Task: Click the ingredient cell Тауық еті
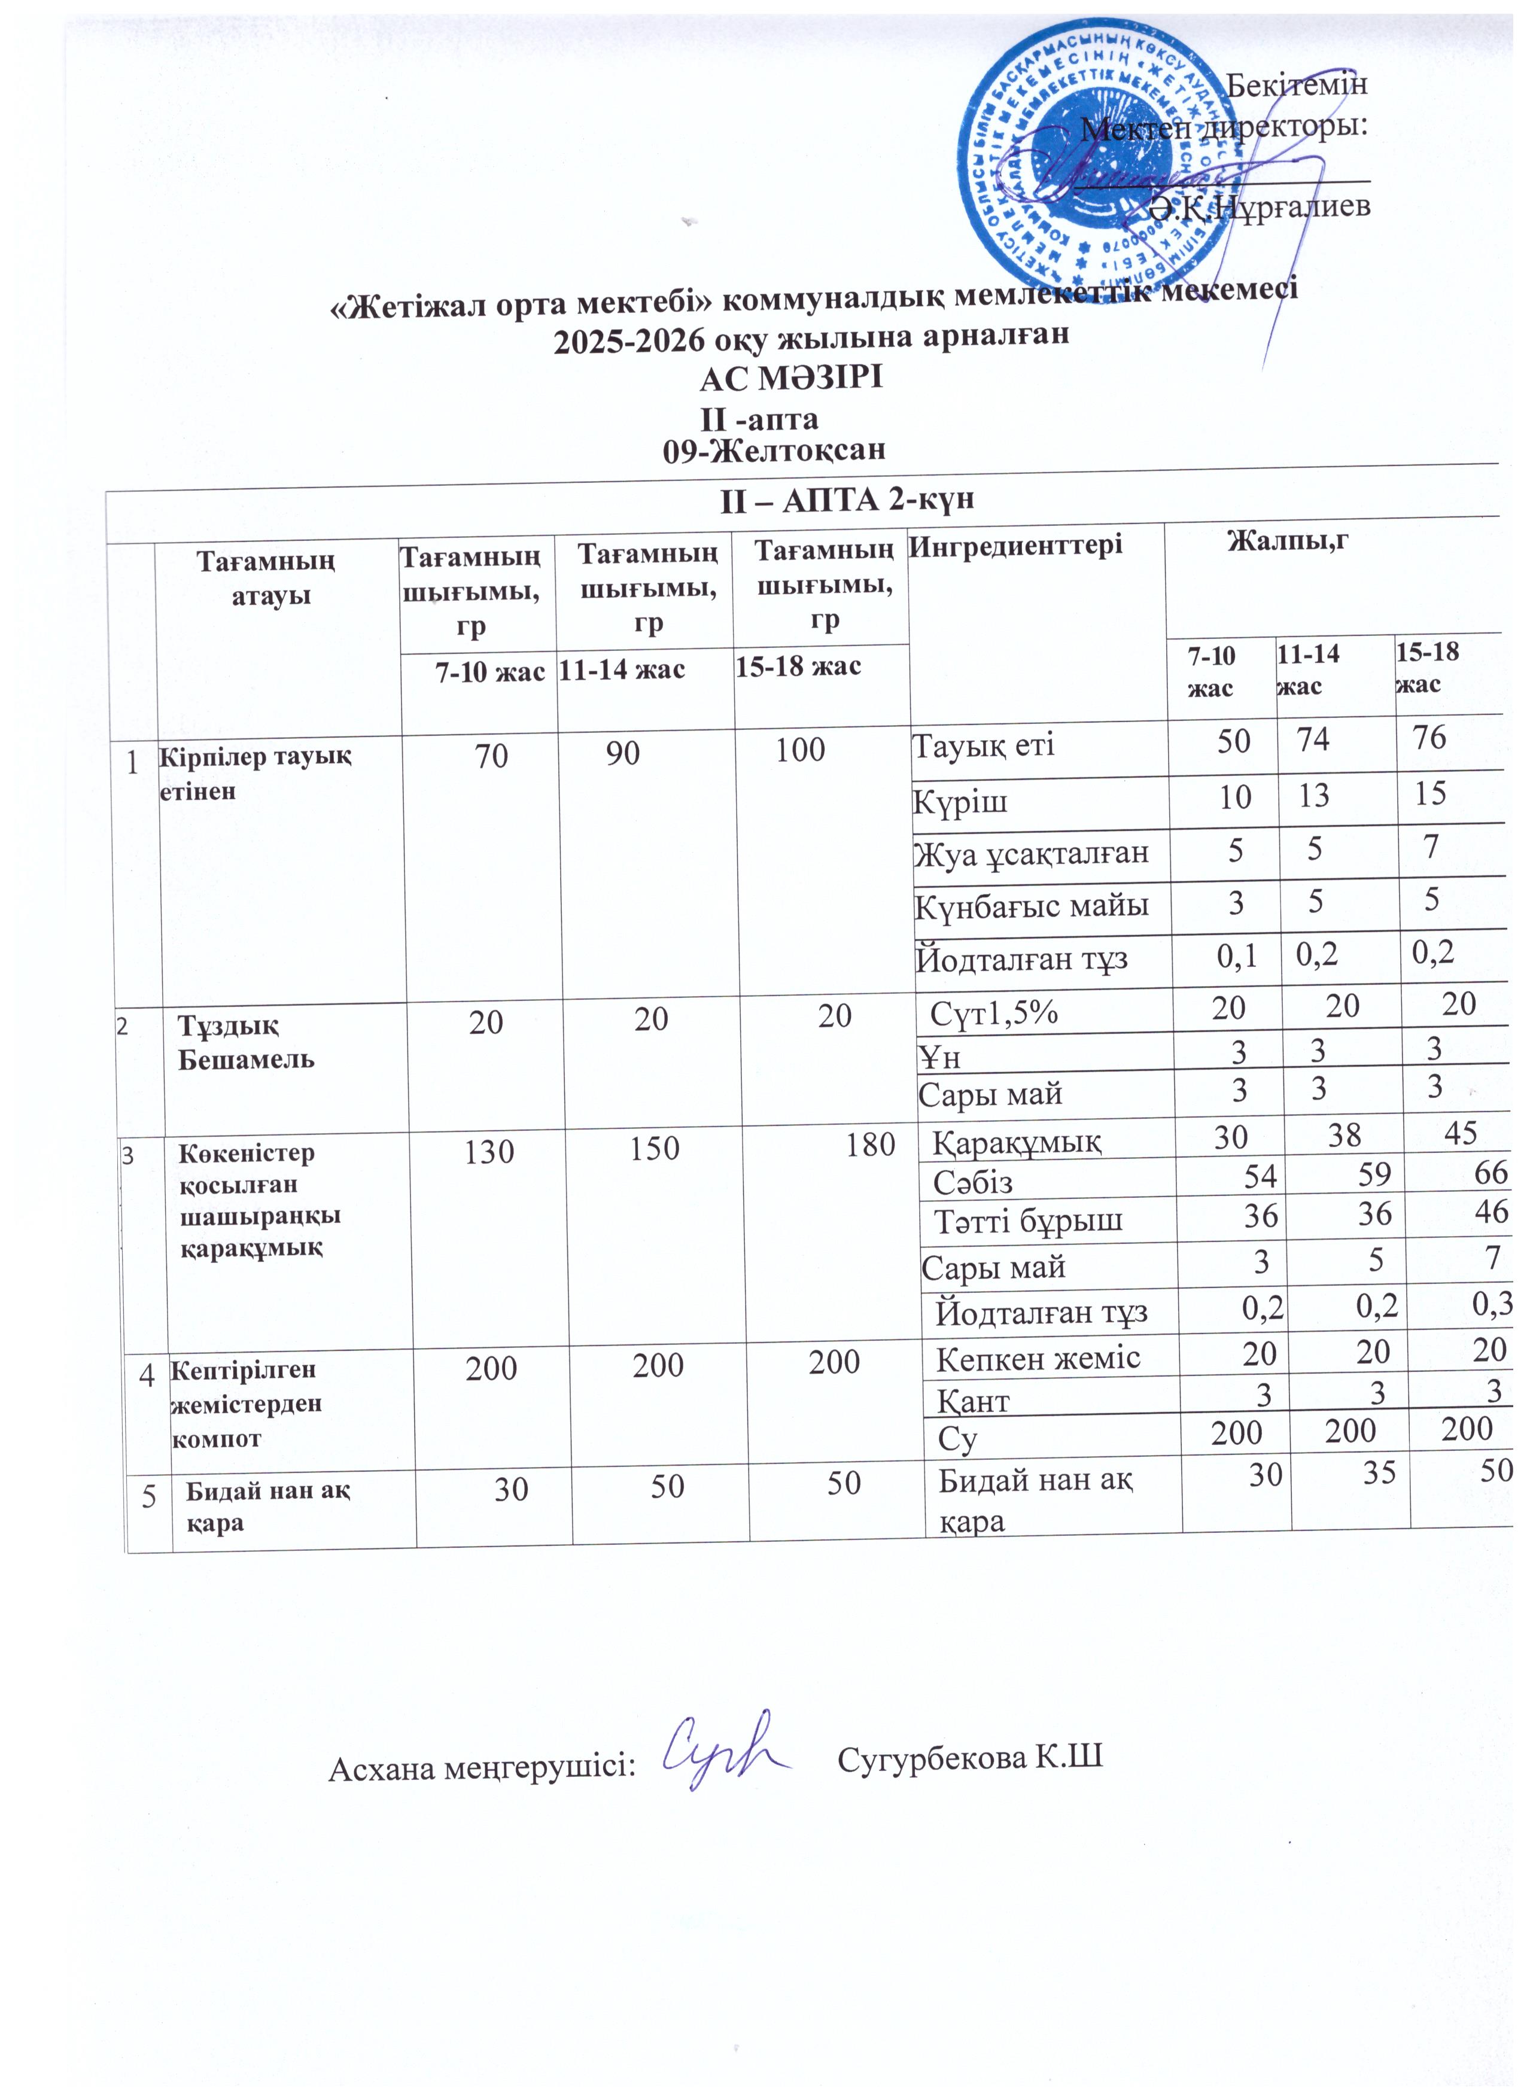coord(984,745)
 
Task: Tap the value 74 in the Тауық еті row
coord(1313,740)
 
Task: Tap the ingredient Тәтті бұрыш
coord(1028,1221)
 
